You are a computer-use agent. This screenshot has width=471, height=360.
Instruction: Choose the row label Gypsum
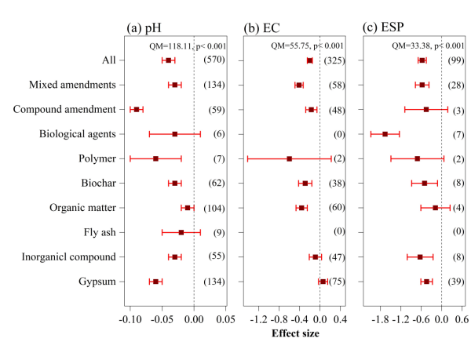[97, 281]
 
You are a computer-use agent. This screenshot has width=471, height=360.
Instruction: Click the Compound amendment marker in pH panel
[137, 109]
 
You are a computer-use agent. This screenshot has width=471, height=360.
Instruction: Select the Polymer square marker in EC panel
[289, 158]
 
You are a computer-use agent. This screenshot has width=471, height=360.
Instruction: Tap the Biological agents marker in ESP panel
[385, 134]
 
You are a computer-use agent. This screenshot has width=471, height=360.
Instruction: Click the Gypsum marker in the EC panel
[323, 281]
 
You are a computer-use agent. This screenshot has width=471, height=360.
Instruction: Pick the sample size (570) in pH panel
[214, 60]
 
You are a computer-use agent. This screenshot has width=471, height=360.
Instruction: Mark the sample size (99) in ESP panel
[458, 60]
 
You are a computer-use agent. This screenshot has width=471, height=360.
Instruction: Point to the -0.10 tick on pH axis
[130, 320]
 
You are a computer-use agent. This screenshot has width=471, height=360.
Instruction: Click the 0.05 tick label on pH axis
[225, 320]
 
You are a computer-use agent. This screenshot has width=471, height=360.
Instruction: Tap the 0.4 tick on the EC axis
[340, 320]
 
